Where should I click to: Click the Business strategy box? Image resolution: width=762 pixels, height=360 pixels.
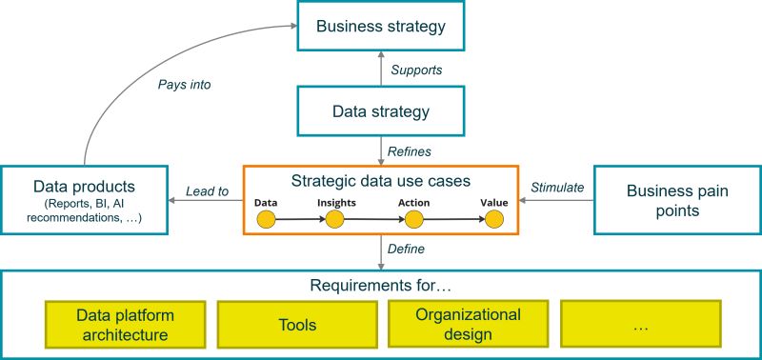[380, 27]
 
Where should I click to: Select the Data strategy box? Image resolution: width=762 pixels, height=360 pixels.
[380, 111]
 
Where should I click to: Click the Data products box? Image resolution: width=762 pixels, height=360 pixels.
[85, 200]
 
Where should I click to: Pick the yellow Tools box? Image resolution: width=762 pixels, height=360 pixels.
[297, 325]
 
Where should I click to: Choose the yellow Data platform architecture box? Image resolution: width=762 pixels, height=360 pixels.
[126, 325]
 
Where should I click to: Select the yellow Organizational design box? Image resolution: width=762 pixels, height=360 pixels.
[468, 325]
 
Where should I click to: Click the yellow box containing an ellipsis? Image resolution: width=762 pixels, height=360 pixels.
[640, 325]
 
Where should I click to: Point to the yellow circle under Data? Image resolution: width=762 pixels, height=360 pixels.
[266, 220]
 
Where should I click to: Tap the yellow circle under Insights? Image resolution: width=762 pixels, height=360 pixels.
[334, 220]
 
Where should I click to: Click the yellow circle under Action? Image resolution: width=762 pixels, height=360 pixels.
[413, 220]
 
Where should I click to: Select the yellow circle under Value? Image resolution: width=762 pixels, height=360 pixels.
[493, 220]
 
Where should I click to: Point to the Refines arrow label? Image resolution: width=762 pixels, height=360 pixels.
[411, 151]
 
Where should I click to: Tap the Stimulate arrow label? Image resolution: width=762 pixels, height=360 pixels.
[556, 188]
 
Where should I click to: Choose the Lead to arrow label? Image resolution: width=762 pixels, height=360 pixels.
[207, 191]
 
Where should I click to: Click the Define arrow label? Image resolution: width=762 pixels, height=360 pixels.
[407, 250]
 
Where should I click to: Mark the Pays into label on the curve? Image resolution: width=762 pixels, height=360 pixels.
[185, 85]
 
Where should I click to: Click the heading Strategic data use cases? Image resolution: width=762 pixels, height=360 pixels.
[380, 180]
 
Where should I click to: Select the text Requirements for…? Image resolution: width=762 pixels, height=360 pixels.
[380, 285]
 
